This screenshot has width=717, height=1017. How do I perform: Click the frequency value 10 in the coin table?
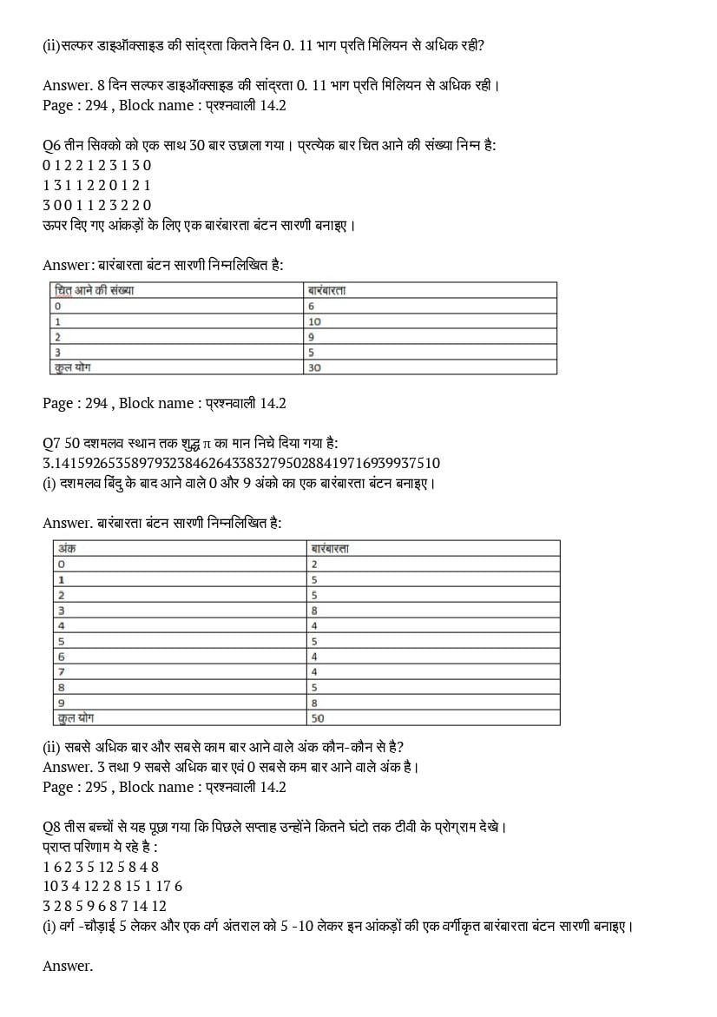click(314, 321)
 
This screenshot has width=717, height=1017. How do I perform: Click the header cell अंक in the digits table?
click(65, 548)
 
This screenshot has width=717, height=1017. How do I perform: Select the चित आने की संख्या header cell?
click(96, 290)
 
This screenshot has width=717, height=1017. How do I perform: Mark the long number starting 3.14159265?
click(241, 463)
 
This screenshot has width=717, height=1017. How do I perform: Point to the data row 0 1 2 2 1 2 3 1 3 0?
click(97, 165)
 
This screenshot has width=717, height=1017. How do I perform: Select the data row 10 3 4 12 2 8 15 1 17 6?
click(112, 886)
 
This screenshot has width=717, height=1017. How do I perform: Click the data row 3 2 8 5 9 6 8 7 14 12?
click(104, 906)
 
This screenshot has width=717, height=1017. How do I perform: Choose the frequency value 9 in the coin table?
click(312, 337)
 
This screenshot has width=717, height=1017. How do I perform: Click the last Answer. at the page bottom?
click(68, 966)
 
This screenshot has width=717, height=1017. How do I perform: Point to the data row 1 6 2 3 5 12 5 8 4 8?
click(101, 866)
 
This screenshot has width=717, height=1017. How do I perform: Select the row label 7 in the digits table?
click(61, 671)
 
